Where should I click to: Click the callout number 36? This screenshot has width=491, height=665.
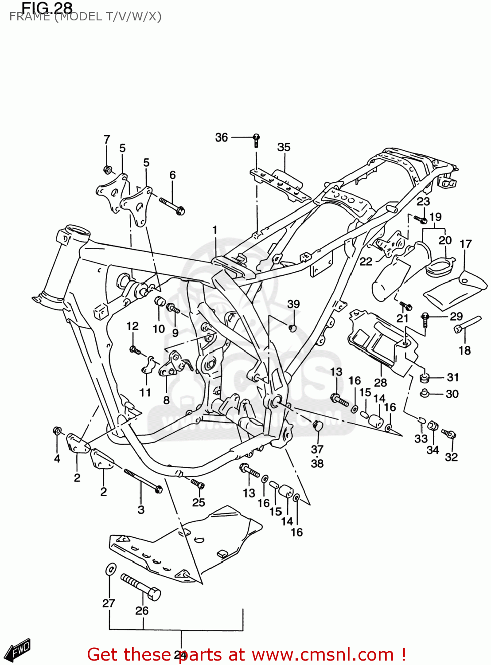(x=221, y=137)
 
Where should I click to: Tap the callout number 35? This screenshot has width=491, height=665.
(x=284, y=147)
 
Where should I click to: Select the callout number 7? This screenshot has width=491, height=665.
(x=107, y=140)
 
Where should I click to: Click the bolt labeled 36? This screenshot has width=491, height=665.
(x=256, y=140)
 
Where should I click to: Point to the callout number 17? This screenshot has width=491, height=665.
(x=465, y=244)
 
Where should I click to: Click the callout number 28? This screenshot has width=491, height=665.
(x=380, y=382)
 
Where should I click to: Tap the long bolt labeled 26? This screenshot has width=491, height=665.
(x=140, y=587)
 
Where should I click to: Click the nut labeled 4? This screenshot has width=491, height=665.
(x=57, y=430)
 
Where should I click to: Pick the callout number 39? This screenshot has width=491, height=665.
(x=293, y=304)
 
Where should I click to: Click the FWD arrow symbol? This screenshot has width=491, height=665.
(x=20, y=650)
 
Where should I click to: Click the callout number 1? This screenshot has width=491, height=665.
(x=215, y=230)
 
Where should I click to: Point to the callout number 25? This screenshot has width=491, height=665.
(x=199, y=502)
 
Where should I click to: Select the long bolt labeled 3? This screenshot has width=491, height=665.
(x=143, y=481)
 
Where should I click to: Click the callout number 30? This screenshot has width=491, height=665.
(x=452, y=394)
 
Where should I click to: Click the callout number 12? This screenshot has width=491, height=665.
(x=132, y=326)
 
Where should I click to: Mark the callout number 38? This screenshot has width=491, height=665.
(x=317, y=463)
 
